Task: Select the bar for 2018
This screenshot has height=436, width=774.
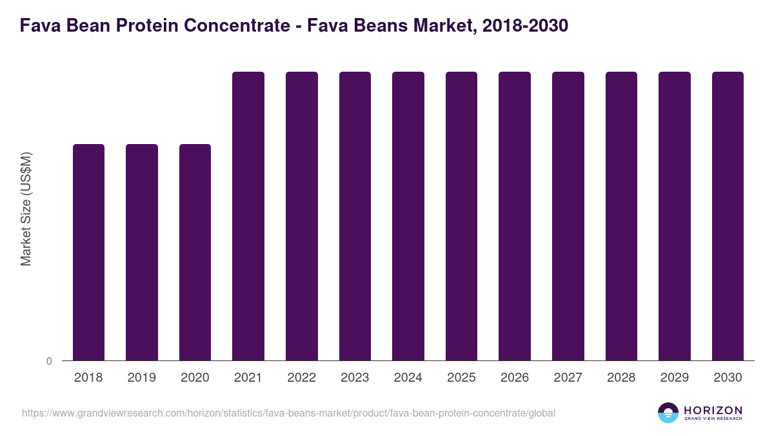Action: pyautogui.click(x=88, y=252)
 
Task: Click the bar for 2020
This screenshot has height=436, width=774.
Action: pyautogui.click(x=195, y=252)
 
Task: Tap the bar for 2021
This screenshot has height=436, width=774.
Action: pyautogui.click(x=248, y=216)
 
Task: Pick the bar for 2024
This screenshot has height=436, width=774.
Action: pyautogui.click(x=408, y=216)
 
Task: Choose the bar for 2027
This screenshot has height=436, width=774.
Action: pyautogui.click(x=568, y=216)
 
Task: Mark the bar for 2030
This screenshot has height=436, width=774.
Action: pyautogui.click(x=728, y=216)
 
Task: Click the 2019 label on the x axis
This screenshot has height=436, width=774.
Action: pyautogui.click(x=141, y=378)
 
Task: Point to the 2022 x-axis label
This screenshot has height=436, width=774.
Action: pyautogui.click(x=301, y=378)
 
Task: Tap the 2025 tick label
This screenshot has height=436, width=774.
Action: pyautogui.click(x=461, y=378)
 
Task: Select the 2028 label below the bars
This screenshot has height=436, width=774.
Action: pyautogui.click(x=621, y=378)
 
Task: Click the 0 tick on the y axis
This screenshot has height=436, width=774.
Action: pyautogui.click(x=50, y=362)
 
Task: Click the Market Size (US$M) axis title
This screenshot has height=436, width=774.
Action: pyautogui.click(x=26, y=208)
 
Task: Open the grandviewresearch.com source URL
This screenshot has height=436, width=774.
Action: pyautogui.click(x=288, y=413)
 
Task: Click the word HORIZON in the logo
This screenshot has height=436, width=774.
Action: pyautogui.click(x=713, y=410)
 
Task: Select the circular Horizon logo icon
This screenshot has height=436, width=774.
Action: pyautogui.click(x=668, y=413)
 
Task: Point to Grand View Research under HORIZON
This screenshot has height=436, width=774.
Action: pyautogui.click(x=713, y=419)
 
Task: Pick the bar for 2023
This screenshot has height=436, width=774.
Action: pyautogui.click(x=355, y=216)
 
